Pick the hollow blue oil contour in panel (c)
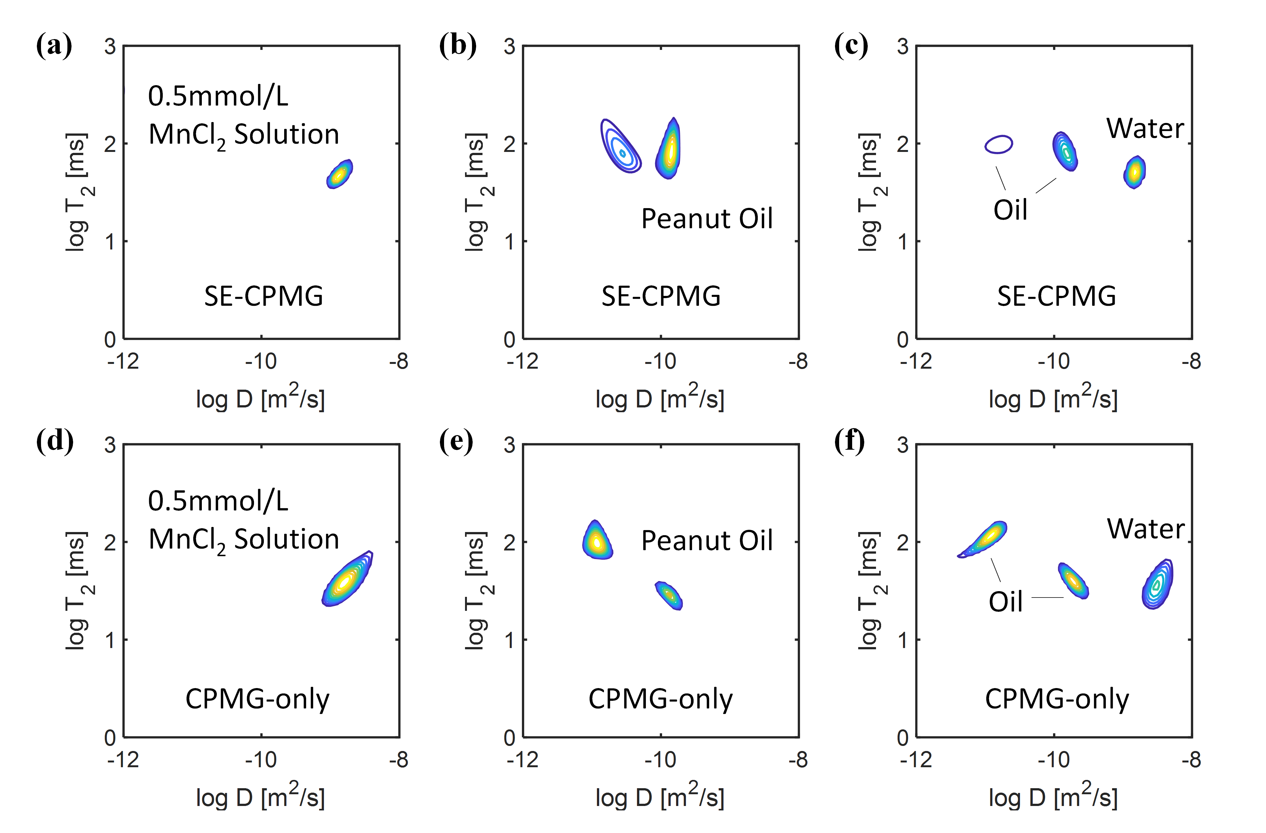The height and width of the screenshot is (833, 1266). click(x=998, y=144)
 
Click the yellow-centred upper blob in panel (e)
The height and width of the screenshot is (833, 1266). click(x=597, y=540)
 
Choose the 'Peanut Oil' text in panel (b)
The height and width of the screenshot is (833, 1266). click(x=706, y=219)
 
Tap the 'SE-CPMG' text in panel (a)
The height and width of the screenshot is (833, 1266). click(x=263, y=296)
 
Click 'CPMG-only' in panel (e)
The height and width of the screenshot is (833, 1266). click(x=660, y=699)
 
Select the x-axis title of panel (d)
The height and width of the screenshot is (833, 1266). click(x=260, y=797)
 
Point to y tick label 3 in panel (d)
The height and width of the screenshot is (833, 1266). click(x=110, y=445)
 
